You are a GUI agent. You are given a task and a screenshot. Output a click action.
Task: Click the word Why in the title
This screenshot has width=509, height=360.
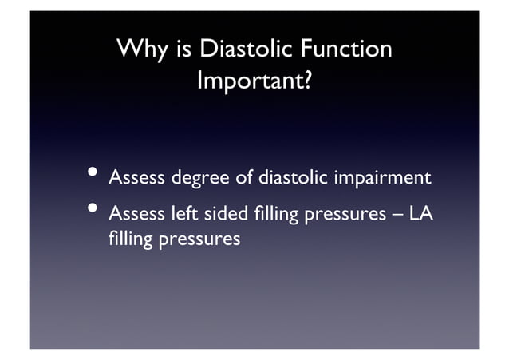[142, 50]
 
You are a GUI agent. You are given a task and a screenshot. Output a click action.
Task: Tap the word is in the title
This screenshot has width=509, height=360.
[183, 50]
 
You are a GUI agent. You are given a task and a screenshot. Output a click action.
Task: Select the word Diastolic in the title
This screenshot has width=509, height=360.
[247, 50]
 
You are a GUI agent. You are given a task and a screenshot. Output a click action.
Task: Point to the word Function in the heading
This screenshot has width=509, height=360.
[348, 50]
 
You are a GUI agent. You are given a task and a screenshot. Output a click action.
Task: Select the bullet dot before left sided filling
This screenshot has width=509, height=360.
[93, 210]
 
